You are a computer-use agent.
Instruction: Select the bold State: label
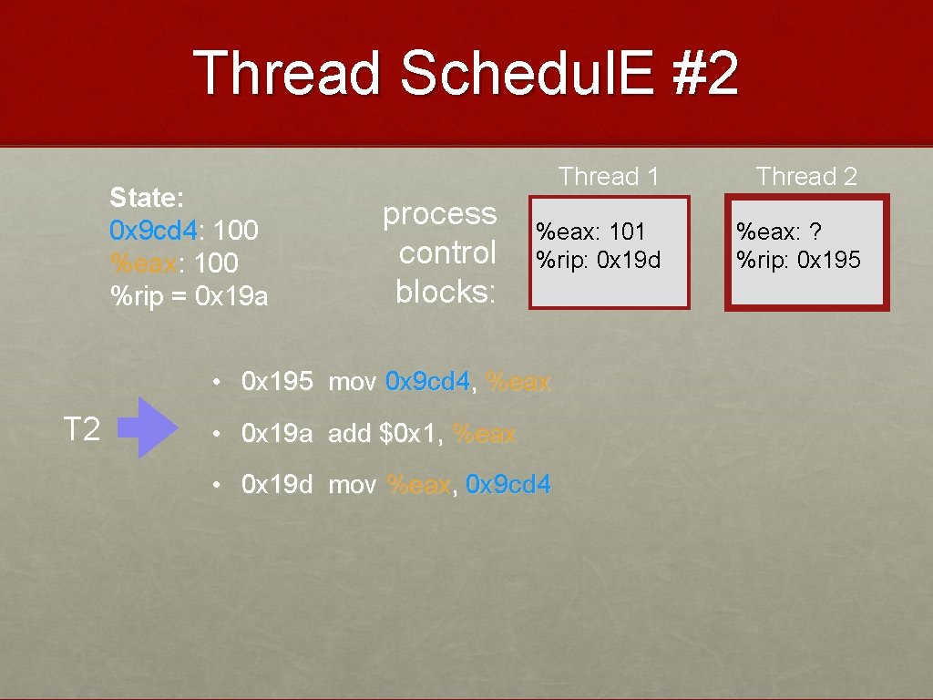tap(147, 198)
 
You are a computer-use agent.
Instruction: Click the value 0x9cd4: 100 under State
tap(183, 231)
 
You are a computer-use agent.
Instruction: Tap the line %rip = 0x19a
tap(189, 296)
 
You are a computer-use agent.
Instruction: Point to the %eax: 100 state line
tap(173, 263)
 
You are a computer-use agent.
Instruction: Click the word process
tap(439, 215)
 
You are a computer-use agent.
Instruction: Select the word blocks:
tap(446, 292)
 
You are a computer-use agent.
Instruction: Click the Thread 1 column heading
tap(609, 177)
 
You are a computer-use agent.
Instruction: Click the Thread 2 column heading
tap(806, 177)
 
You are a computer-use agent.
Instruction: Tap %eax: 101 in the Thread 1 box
tap(590, 232)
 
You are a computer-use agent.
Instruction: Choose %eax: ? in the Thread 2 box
tap(780, 232)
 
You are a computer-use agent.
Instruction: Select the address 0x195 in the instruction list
tap(277, 381)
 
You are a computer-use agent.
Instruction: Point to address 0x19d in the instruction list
tap(277, 485)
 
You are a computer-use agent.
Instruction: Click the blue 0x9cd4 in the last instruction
tap(508, 485)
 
